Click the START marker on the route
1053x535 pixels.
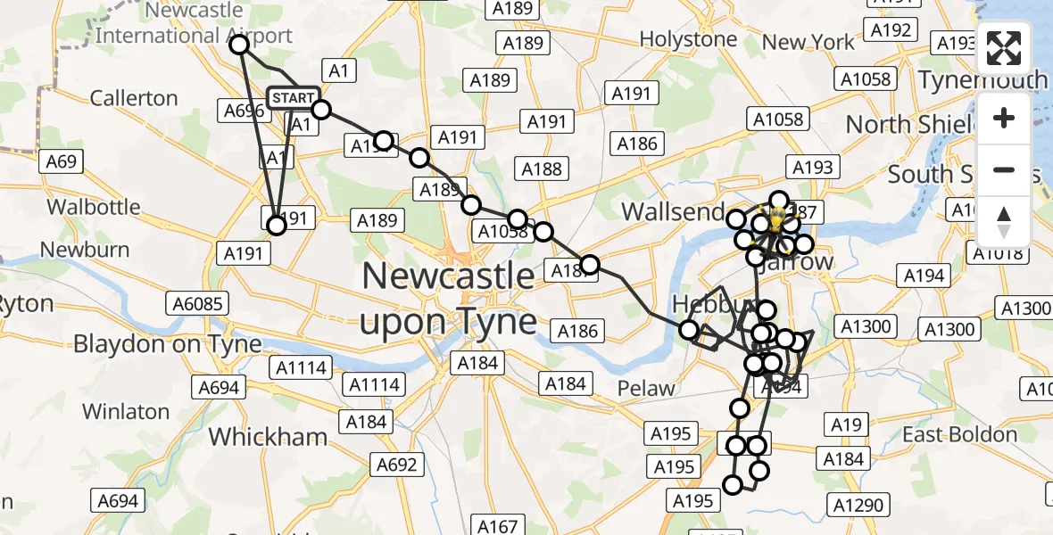pyautogui.click(x=293, y=98)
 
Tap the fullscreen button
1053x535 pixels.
pyautogui.click(x=1004, y=48)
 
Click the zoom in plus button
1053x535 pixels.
pyautogui.click(x=1004, y=118)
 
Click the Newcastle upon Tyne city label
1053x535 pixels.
pyautogui.click(x=448, y=299)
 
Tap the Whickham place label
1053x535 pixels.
pyautogui.click(x=268, y=437)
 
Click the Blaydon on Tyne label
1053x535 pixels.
pyautogui.click(x=168, y=343)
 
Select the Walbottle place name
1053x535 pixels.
pyautogui.click(x=94, y=207)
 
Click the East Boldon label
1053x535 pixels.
pyautogui.click(x=959, y=434)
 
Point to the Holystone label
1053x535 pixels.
pyautogui.click(x=688, y=39)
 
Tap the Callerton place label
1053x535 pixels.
pyautogui.click(x=134, y=97)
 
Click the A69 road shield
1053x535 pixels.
pyautogui.click(x=62, y=161)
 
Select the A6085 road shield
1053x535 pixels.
pyautogui.click(x=197, y=304)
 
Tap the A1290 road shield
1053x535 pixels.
pyautogui.click(x=857, y=506)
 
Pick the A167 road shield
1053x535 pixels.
pyautogui.click(x=497, y=526)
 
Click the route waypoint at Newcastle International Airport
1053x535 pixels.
pyautogui.click(x=239, y=43)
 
